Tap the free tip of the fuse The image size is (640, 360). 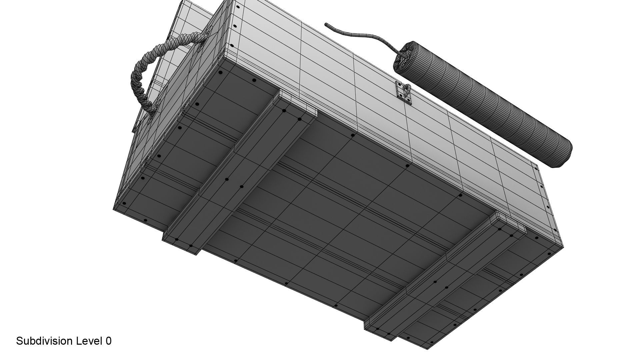coord(326,24)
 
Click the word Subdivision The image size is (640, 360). coord(44,341)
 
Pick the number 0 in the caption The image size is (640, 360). coord(108,341)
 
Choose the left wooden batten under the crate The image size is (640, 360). coord(240,177)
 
